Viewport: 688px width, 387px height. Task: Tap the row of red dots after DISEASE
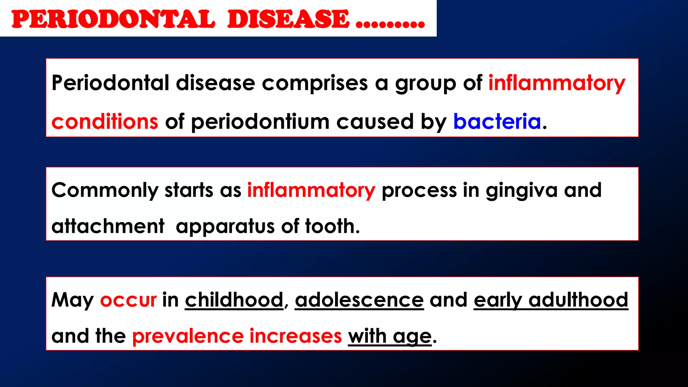390,24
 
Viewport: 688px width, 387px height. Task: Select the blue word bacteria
497,121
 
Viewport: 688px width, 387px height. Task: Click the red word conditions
104,121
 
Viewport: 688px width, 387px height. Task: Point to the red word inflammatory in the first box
557,83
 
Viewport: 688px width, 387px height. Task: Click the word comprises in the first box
315,83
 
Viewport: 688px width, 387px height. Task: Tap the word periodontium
260,122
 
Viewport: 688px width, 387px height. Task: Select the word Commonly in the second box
104,190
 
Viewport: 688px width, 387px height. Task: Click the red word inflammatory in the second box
311,190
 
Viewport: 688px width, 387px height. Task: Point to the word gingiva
522,190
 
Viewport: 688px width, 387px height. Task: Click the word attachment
108,226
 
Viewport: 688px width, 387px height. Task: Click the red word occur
128,300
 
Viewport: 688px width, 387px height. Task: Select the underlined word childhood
234,300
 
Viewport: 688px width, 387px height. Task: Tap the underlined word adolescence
359,300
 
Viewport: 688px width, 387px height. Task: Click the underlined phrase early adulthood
551,300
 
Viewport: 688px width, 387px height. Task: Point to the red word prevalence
188,336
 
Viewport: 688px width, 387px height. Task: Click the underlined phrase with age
390,336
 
